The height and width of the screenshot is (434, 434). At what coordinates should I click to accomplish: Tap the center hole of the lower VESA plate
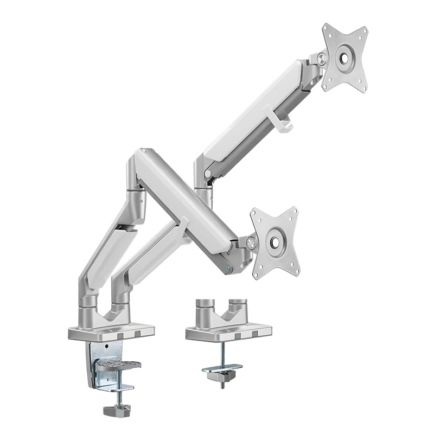coord(276,240)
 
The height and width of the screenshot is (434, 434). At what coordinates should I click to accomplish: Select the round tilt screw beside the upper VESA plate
coord(322,58)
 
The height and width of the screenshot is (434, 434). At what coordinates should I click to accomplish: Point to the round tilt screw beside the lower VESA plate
coord(251,244)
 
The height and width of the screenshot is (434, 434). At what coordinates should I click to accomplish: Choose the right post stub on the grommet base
coord(237,305)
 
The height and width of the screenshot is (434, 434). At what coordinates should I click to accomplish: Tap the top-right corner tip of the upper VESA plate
coord(367,28)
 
